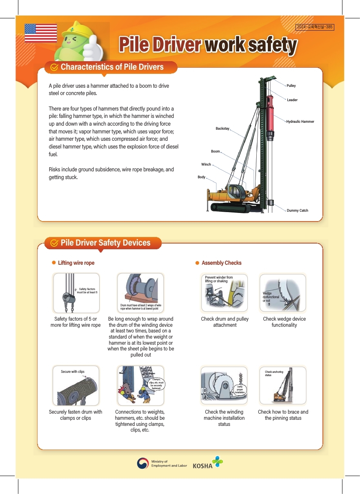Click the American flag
[x=41, y=33]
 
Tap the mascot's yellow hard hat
[x=79, y=29]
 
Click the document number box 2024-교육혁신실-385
[x=315, y=27]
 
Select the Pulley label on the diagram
[x=291, y=86]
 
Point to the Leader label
[x=292, y=100]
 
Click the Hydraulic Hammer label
[x=300, y=122]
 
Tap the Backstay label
[x=222, y=128]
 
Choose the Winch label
[x=206, y=164]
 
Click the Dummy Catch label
[x=298, y=210]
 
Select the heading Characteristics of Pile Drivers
[x=112, y=67]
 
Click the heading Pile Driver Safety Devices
[x=105, y=243]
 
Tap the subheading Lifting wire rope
[x=76, y=263]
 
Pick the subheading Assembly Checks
[x=222, y=263]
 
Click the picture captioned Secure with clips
[x=76, y=386]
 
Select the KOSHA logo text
[x=202, y=466]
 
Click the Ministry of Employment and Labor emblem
[x=142, y=463]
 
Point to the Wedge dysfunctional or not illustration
[x=283, y=292]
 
